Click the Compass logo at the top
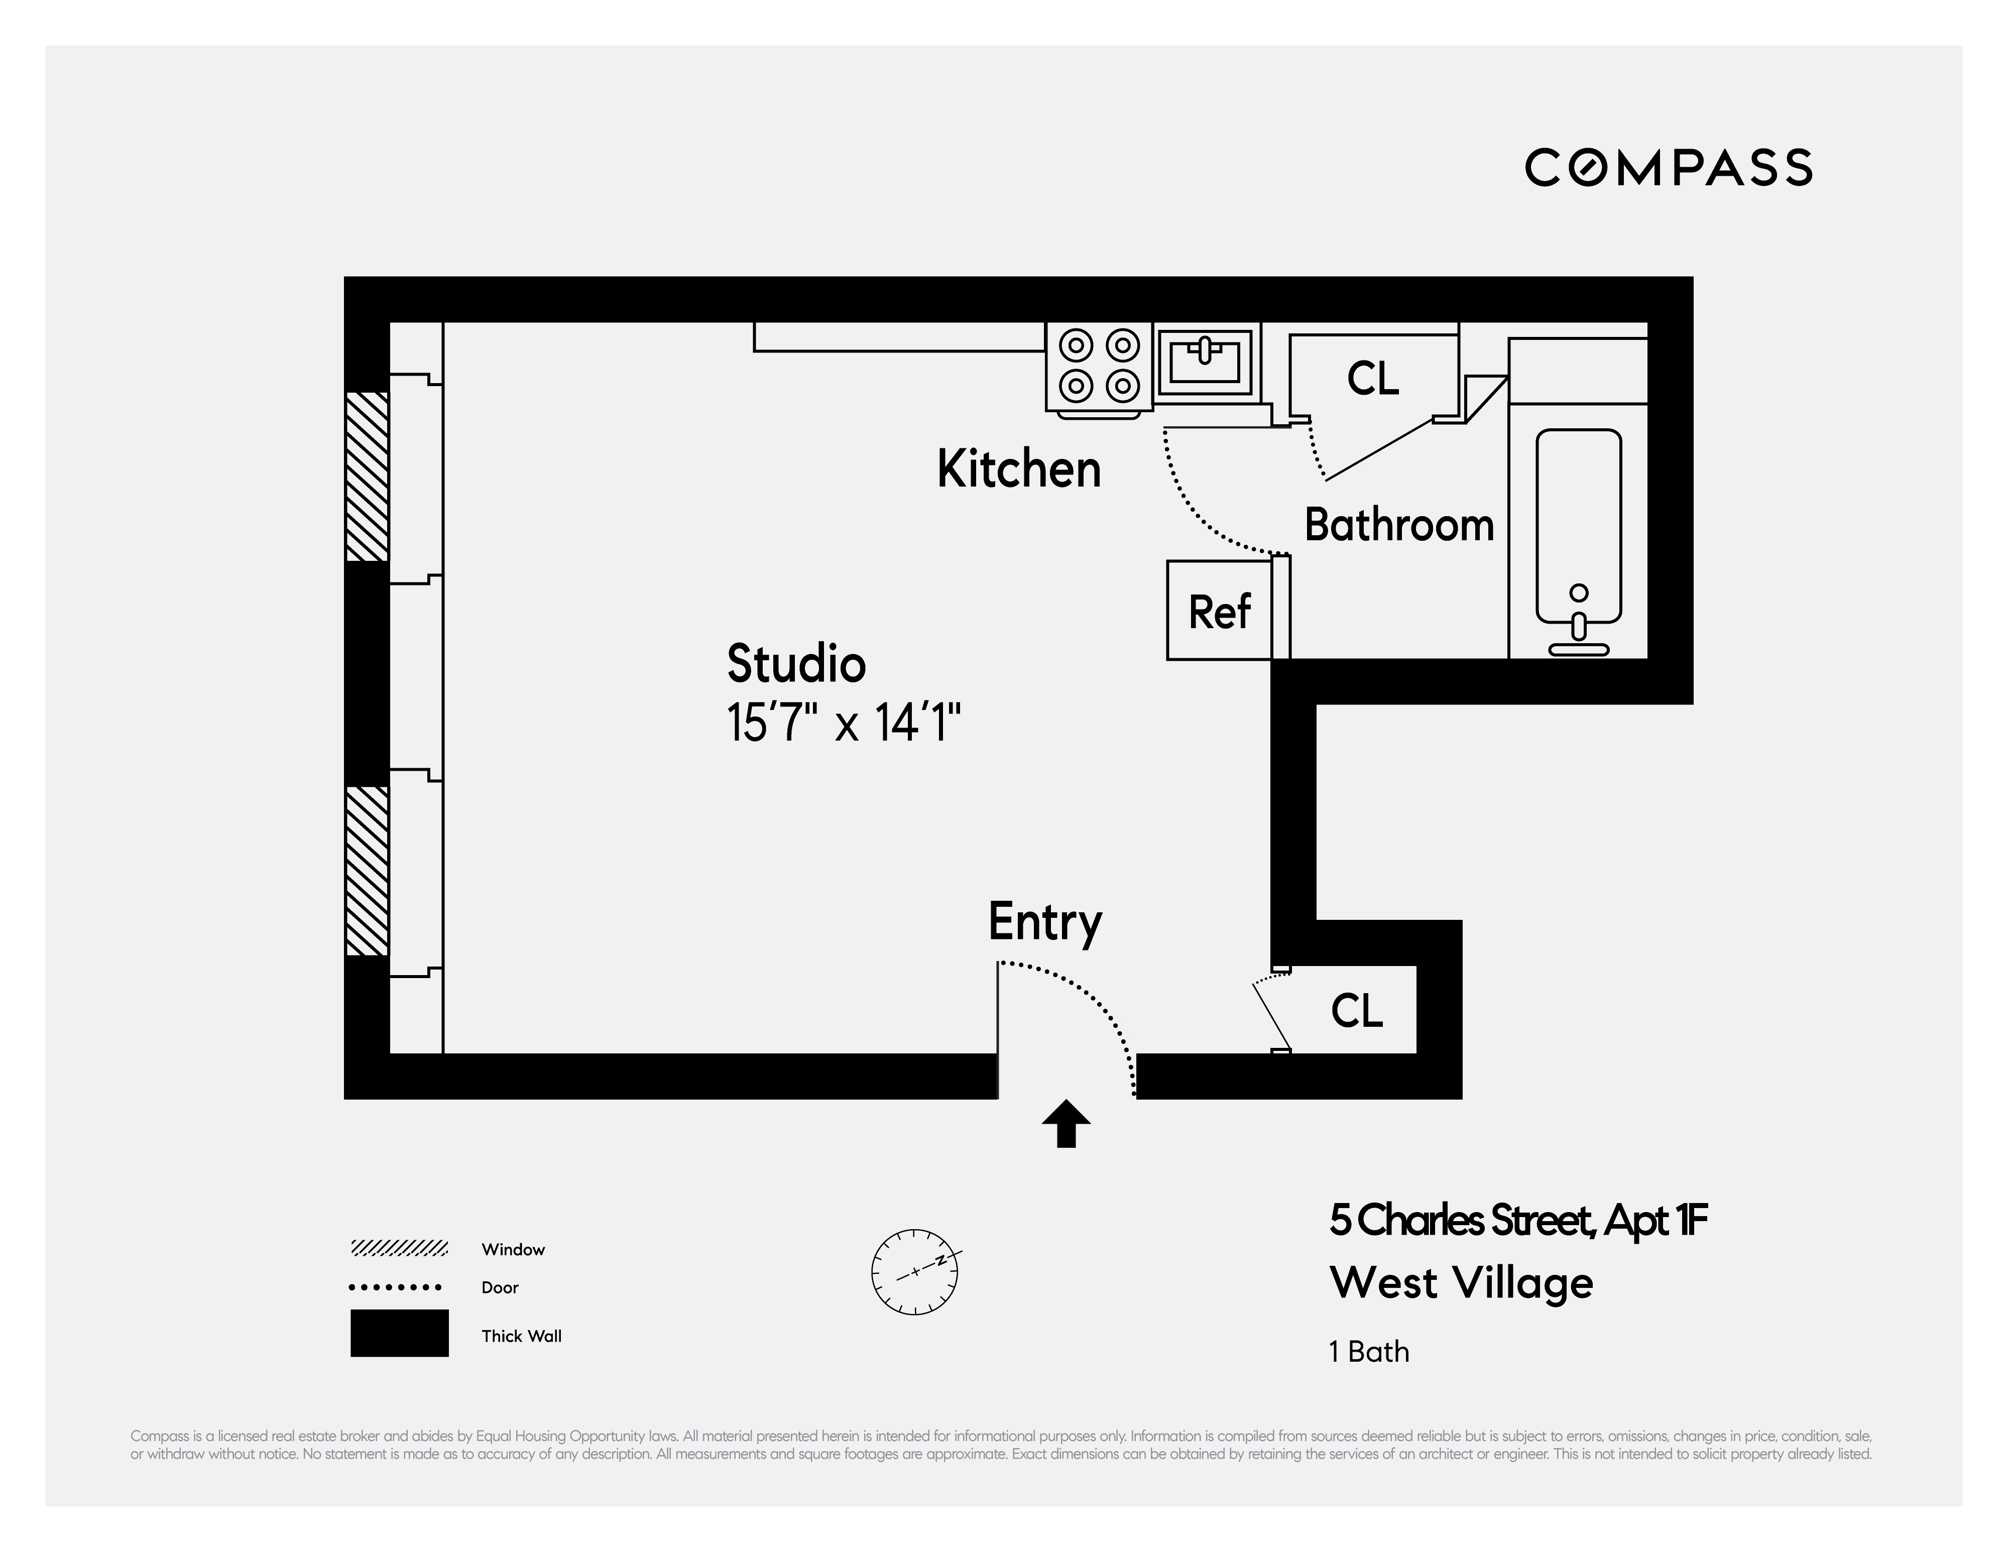pos(1668,167)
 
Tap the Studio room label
pos(796,664)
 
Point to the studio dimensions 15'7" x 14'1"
pos(844,722)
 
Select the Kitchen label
pos(1018,469)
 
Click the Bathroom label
pos(1398,525)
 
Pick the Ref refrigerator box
pos(1220,611)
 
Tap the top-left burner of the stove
pos(1076,346)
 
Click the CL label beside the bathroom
pos(1372,378)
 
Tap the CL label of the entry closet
pos(1356,1011)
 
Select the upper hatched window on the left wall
pos(367,476)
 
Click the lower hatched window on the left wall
pos(367,870)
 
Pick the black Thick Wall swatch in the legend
pos(399,1333)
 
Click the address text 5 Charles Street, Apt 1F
pos(1518,1221)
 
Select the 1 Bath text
pos(1369,1352)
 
